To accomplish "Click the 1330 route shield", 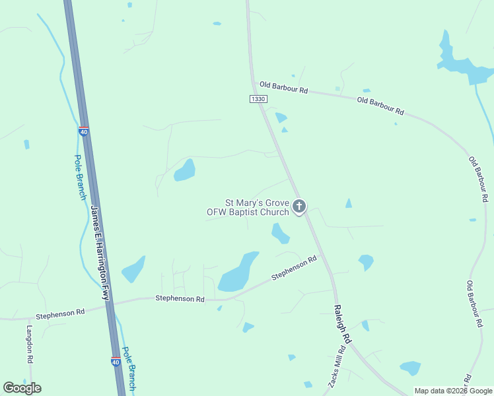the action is click(258, 98).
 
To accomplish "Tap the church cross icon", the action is click(299, 207).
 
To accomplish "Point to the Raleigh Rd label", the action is click(343, 323).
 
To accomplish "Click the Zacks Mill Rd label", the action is click(337, 368).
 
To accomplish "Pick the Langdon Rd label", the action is click(30, 345).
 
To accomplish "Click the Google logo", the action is click(22, 387).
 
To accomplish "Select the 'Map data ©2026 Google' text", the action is click(453, 391).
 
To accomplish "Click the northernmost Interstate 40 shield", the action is click(83, 131).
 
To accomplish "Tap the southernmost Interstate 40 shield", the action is click(116, 362).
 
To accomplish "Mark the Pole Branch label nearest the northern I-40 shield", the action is click(80, 178).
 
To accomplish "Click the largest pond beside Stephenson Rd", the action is click(237, 272).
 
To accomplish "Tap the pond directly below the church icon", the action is click(280, 232).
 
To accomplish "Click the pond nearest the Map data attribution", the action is click(410, 368).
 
